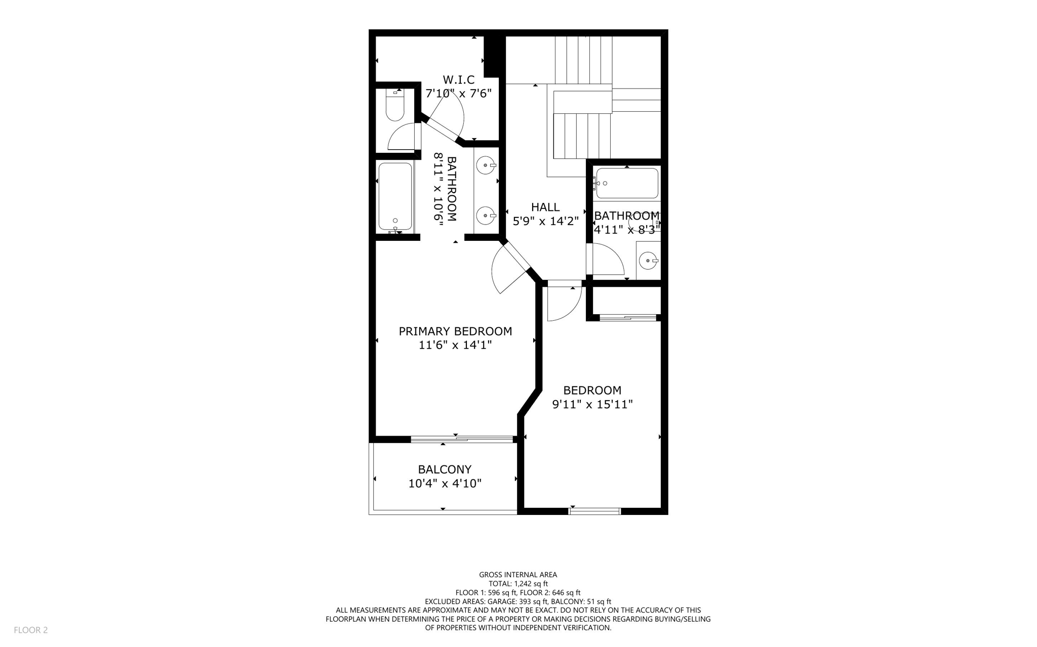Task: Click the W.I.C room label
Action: point(458,80)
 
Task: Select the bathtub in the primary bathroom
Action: point(395,196)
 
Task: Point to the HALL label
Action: point(545,207)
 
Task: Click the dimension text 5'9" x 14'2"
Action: point(545,221)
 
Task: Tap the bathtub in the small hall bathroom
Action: point(627,183)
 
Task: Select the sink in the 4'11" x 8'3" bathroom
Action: point(648,261)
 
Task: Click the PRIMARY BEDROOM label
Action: point(455,331)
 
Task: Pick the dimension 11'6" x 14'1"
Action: point(455,346)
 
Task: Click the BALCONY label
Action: point(445,469)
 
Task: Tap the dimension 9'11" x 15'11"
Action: point(592,405)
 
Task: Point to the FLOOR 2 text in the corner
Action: point(31,630)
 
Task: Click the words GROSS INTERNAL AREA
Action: point(518,575)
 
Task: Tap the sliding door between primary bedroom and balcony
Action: point(462,439)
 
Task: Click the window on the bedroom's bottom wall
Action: point(594,511)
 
